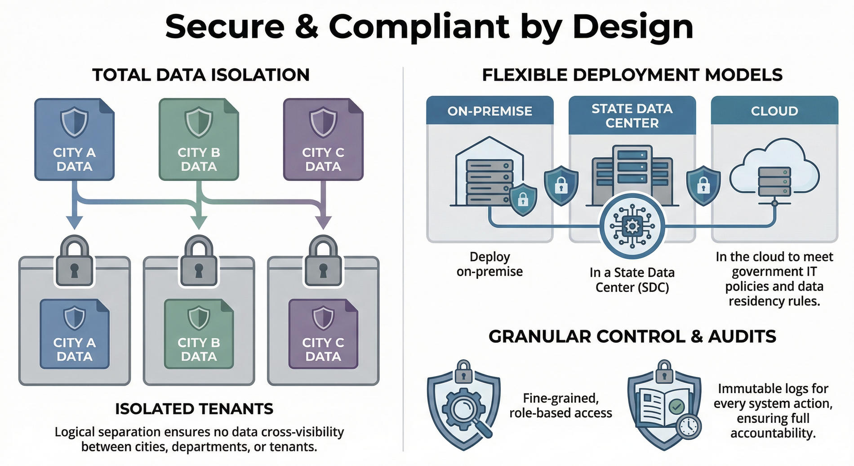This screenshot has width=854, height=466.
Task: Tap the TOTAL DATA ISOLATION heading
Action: [201, 75]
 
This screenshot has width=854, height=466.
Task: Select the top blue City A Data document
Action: [74, 139]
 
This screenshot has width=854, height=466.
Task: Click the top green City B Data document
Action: [199, 139]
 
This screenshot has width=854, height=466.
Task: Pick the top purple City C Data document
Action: [323, 139]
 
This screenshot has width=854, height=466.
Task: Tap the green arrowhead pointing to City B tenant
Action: [199, 222]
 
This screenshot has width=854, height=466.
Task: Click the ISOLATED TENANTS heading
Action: [194, 409]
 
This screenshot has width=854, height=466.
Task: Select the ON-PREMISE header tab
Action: [489, 111]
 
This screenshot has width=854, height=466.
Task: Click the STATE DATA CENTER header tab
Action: [632, 116]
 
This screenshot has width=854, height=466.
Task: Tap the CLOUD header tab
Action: [774, 111]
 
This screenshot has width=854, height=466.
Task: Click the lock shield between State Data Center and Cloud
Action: [703, 185]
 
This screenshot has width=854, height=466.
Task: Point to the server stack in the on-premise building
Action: [489, 182]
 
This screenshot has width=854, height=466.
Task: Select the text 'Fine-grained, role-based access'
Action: [560, 405]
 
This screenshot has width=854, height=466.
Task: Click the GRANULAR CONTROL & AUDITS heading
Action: [632, 336]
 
